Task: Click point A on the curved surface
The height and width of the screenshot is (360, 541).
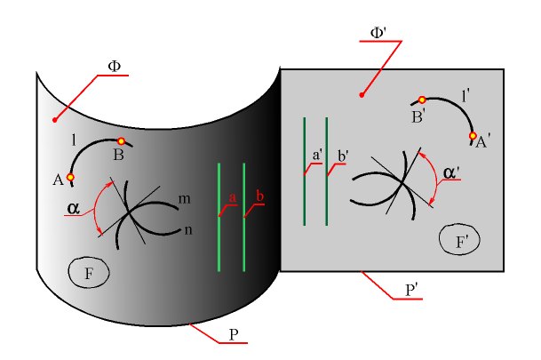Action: pos(70,178)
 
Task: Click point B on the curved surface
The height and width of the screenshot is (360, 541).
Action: pos(121,140)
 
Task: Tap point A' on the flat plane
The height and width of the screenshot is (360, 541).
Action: pos(473,137)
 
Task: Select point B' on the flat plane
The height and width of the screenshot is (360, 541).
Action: pos(423,100)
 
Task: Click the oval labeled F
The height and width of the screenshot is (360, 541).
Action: pos(89,273)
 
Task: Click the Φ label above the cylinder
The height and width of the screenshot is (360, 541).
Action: pos(114,66)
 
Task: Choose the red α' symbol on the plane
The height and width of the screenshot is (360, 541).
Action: pos(452,173)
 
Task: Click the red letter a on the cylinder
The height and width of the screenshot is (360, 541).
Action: pos(232,196)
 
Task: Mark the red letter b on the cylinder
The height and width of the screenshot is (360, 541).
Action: pos(259,196)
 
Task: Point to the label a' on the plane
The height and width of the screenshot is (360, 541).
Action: pos(318,155)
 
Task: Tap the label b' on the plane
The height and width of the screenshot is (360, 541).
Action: pos(342,156)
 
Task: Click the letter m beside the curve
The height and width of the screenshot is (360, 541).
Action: pos(184,200)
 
